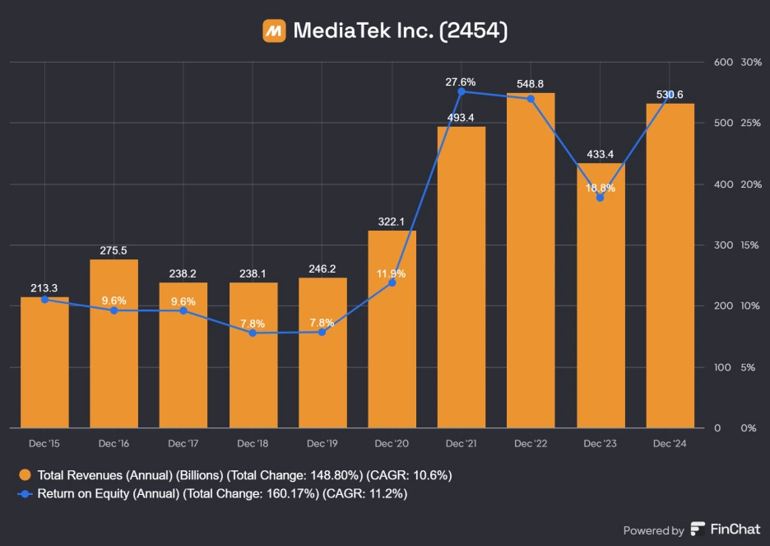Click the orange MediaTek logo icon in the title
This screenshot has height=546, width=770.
[274, 30]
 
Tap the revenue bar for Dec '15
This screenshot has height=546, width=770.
[44, 362]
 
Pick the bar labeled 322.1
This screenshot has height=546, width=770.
[392, 329]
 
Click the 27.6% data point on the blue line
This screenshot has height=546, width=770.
[462, 91]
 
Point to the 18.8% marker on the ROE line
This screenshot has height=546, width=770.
[601, 198]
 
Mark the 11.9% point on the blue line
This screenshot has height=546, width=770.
[392, 282]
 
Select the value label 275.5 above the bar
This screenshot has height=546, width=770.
[114, 250]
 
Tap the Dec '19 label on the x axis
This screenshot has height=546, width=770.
[322, 443]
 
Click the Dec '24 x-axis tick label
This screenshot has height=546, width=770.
[670, 443]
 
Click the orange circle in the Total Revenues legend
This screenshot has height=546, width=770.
[26, 475]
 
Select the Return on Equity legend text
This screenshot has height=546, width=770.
[222, 494]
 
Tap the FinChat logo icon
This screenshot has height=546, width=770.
[698, 530]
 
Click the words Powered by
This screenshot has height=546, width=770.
[653, 530]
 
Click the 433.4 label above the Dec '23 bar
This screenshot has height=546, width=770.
[601, 154]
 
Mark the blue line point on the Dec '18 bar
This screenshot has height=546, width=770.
[253, 333]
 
